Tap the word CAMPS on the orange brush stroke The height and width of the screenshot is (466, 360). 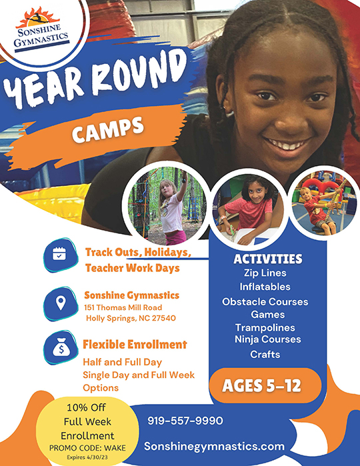point(108,129)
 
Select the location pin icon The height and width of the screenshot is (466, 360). point(61,303)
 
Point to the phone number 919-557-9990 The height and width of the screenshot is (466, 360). point(185,421)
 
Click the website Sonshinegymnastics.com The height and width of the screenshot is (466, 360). point(215,446)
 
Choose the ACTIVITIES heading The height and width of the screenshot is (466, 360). point(268,259)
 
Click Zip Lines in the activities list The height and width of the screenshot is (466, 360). point(265,273)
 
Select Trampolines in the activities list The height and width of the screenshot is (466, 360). point(265,327)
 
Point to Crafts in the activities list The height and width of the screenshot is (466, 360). point(265,354)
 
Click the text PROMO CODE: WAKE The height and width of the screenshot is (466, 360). point(87,448)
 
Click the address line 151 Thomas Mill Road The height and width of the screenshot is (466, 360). point(123,307)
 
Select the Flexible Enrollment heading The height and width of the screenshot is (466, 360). point(135,345)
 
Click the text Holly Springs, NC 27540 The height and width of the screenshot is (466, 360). point(131,318)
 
